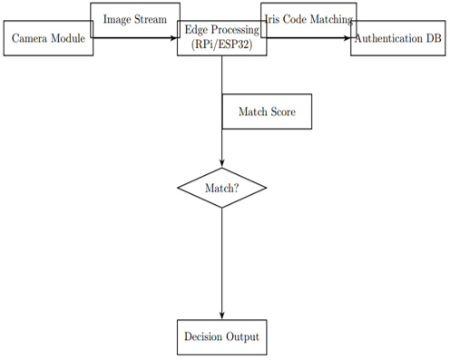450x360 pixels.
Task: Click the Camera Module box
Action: (48, 38)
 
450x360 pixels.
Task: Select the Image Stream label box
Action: (135, 20)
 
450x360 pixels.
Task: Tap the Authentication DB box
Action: (398, 38)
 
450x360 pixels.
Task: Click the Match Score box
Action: (267, 112)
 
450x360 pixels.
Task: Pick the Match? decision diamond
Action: (222, 188)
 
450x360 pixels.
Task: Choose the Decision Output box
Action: (222, 337)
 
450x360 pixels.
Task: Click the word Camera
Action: (29, 38)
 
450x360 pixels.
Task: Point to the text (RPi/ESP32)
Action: (222, 44)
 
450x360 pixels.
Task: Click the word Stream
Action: (151, 19)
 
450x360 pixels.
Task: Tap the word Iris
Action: (272, 19)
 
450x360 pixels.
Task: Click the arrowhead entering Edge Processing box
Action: (174, 38)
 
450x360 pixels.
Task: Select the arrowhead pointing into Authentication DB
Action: (347, 38)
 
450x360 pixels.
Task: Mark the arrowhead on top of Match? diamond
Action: (222, 164)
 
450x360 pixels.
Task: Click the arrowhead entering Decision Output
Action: (222, 316)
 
